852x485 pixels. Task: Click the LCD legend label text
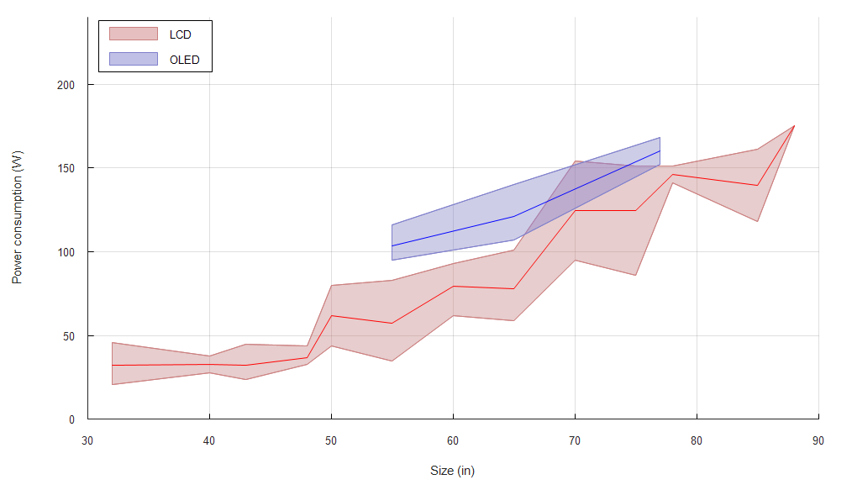tap(180, 34)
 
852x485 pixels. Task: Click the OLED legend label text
tap(184, 60)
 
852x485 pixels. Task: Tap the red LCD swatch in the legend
tap(134, 34)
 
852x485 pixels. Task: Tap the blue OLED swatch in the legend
tap(134, 59)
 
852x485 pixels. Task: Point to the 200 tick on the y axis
tap(66, 85)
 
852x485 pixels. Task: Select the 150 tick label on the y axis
tap(66, 168)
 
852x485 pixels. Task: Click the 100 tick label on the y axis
tap(66, 252)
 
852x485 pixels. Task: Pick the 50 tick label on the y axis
tap(69, 335)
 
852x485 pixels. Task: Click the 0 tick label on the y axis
tap(72, 419)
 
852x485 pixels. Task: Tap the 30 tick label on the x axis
tap(87, 440)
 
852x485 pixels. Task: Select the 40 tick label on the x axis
tap(209, 440)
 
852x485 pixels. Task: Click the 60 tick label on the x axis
tap(453, 440)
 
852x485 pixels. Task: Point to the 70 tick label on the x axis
tap(575, 440)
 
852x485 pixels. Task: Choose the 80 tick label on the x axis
tap(697, 440)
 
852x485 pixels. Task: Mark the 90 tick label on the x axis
tap(818, 440)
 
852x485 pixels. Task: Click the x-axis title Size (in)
tap(452, 471)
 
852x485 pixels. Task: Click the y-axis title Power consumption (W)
tap(17, 217)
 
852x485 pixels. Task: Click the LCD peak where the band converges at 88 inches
tap(794, 126)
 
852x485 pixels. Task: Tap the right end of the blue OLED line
tap(660, 151)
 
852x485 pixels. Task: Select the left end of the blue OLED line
tap(392, 246)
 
